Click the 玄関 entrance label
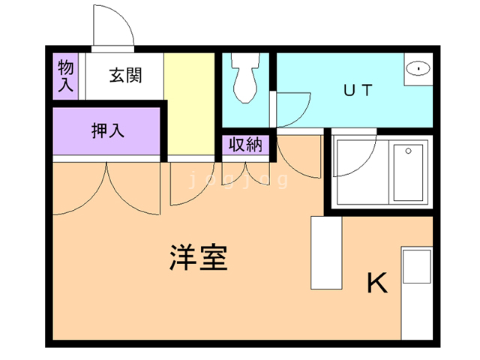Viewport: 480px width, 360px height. (124, 76)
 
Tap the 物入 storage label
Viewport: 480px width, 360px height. (65, 76)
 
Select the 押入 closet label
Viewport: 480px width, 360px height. (107, 130)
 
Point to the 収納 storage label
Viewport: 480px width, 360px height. (244, 145)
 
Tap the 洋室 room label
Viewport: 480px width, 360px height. (197, 258)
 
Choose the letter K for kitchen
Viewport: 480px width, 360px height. (377, 283)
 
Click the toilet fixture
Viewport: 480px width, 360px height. (244, 77)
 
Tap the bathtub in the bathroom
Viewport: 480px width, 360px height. (409, 172)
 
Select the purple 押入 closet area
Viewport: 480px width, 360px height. (107, 133)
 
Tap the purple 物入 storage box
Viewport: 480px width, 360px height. (65, 75)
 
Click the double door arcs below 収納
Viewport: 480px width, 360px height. (244, 174)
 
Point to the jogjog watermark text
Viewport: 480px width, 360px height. (238, 181)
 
